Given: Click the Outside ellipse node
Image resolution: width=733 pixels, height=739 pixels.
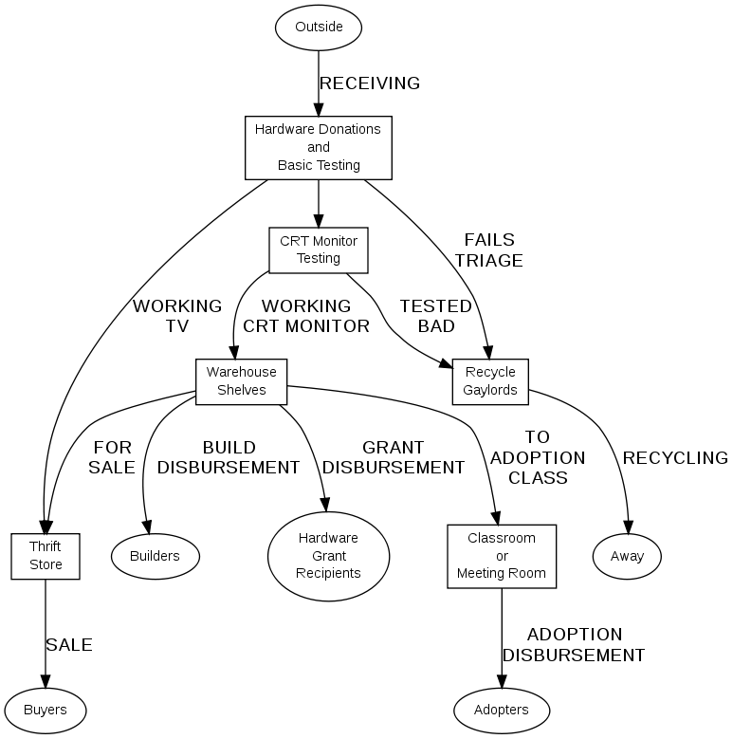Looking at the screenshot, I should click(x=318, y=27).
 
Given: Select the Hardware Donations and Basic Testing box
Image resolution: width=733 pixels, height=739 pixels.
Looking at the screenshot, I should click(x=318, y=147).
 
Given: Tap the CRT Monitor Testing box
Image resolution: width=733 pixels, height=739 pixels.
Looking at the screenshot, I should click(x=318, y=249).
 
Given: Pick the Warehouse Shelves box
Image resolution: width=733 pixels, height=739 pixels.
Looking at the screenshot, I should click(x=241, y=381).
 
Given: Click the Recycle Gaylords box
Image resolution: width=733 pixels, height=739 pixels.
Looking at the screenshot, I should click(x=489, y=381).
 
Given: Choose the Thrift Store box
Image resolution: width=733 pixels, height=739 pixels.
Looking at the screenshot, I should click(x=46, y=556).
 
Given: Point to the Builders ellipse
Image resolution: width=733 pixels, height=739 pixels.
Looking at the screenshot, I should click(x=155, y=556).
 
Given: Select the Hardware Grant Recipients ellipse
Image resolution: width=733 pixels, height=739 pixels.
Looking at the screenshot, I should click(x=328, y=556).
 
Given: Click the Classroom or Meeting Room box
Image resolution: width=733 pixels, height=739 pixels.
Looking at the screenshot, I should click(x=502, y=555).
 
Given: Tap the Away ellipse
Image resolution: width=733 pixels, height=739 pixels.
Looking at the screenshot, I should click(x=627, y=556).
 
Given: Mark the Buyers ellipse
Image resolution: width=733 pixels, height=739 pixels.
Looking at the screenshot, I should click(x=45, y=710).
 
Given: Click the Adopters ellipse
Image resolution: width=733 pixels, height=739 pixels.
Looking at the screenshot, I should click(x=502, y=710).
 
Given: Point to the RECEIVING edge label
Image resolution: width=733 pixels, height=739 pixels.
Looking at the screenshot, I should click(x=369, y=83).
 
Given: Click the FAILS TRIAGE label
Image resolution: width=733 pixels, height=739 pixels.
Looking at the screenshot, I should click(x=488, y=249).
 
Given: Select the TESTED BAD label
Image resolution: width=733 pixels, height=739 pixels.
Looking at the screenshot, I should click(x=435, y=316).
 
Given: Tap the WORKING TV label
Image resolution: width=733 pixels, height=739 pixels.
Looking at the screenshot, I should click(x=176, y=316).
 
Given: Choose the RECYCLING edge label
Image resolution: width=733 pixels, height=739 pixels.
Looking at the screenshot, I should click(x=674, y=458).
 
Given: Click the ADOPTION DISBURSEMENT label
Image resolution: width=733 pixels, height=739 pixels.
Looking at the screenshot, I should click(x=573, y=645).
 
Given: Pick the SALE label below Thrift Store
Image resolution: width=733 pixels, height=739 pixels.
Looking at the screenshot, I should click(x=69, y=645).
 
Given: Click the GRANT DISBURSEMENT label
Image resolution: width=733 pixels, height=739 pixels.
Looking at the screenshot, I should click(x=394, y=457).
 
